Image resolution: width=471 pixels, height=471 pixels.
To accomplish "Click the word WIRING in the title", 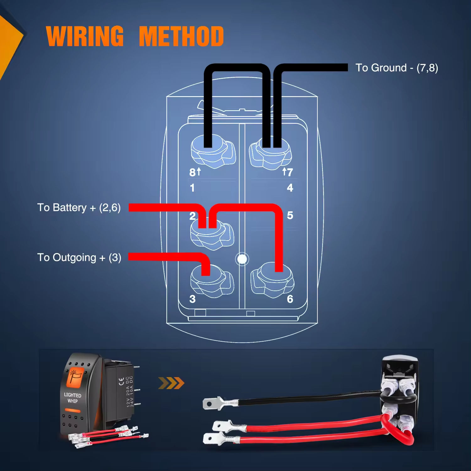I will click(85, 36).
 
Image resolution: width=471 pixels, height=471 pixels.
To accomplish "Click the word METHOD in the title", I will click(181, 36).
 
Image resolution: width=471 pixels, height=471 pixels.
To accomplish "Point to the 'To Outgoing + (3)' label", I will click(79, 257).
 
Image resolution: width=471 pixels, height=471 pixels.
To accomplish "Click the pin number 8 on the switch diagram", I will click(192, 172).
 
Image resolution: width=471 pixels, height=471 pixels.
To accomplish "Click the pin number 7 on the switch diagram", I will click(290, 172).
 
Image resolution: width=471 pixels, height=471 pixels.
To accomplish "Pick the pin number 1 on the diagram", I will click(192, 188).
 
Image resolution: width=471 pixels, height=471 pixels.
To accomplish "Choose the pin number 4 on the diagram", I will click(290, 188).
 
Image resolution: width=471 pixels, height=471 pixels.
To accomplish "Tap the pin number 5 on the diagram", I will click(290, 215).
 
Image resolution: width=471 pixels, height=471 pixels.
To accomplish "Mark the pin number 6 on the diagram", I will click(290, 299).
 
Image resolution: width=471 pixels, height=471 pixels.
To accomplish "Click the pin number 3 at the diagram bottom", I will click(192, 299).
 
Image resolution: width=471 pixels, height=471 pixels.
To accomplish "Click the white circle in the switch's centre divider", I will click(242, 259).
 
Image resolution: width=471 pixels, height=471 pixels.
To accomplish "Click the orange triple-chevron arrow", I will click(171, 383).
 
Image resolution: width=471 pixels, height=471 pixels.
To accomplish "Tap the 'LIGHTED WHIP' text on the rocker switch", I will click(73, 398).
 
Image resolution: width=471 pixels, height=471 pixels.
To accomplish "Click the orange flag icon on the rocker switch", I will click(75, 376).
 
